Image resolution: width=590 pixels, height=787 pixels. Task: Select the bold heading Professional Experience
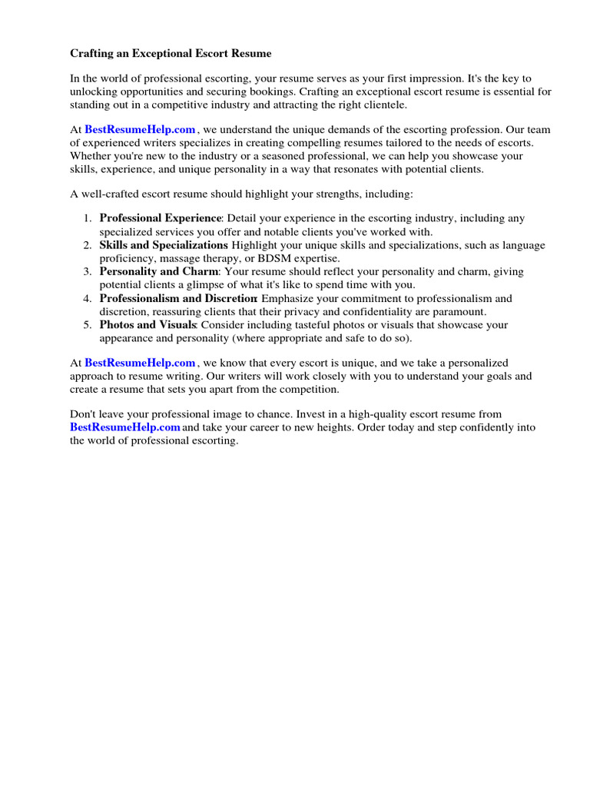[160, 218]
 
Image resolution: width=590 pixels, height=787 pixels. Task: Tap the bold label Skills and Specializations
[164, 245]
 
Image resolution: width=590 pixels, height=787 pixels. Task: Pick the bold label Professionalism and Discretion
[178, 298]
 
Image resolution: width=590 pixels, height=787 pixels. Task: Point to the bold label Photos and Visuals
[148, 324]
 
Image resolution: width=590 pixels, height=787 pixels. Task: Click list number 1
[88, 218]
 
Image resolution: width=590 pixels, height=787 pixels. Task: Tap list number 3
[88, 271]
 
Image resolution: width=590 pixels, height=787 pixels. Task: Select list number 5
[88, 324]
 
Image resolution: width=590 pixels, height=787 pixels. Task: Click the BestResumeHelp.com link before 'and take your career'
[125, 427]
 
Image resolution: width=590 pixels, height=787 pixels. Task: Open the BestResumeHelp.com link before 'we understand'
[140, 130]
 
